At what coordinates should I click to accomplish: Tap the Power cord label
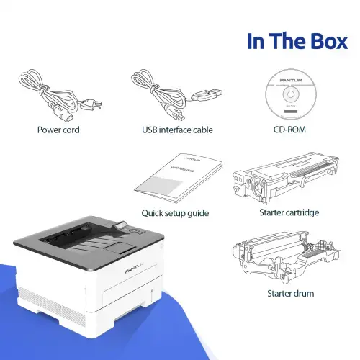point(58,130)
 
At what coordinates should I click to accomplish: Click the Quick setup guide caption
point(175,212)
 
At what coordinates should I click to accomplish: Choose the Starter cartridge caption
point(289,212)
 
